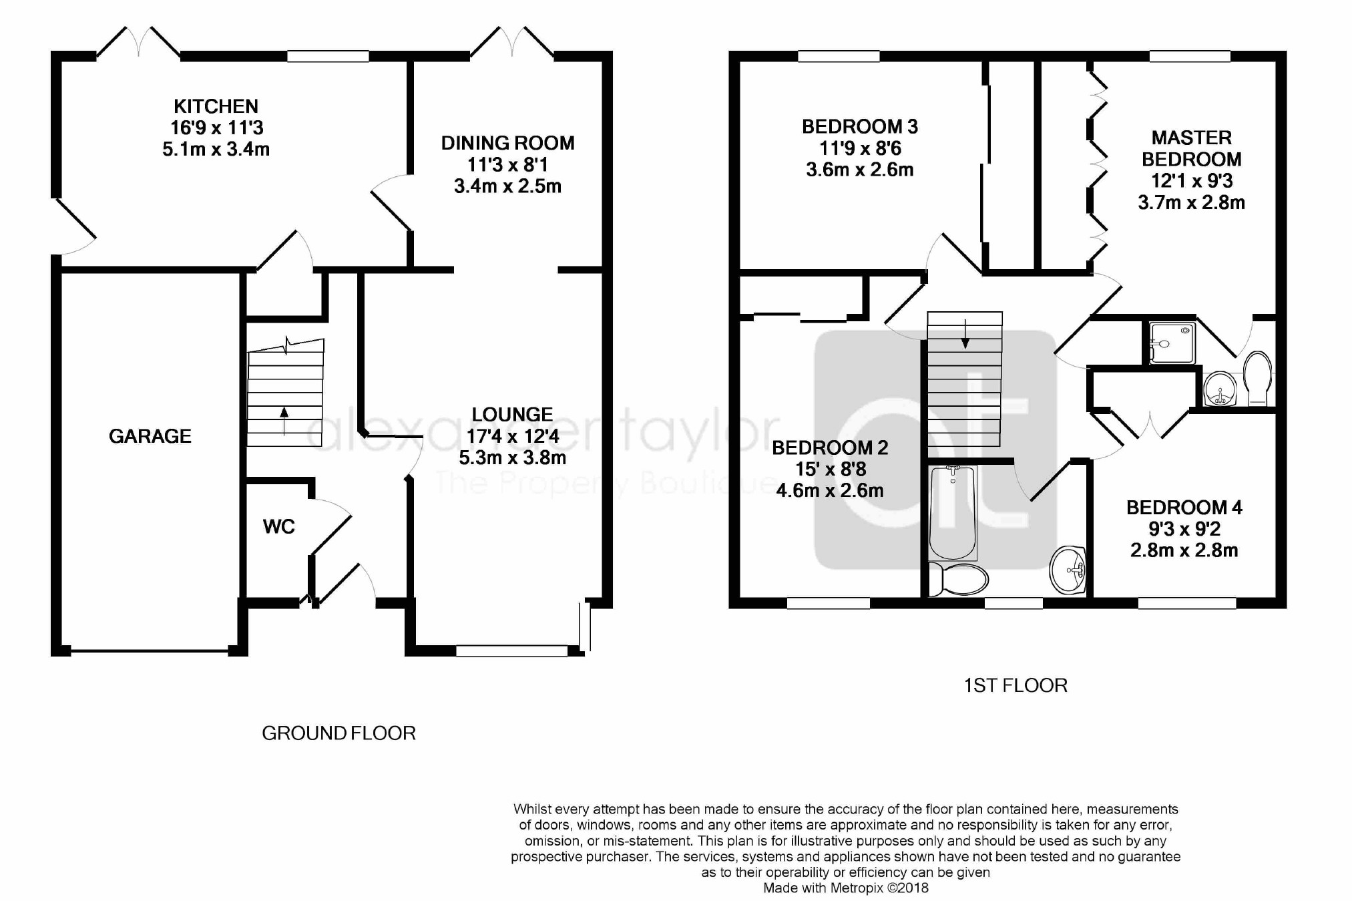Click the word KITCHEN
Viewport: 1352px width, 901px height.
pyautogui.click(x=216, y=106)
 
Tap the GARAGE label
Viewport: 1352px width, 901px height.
pyautogui.click(x=150, y=436)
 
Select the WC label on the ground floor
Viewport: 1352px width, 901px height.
pyautogui.click(x=279, y=526)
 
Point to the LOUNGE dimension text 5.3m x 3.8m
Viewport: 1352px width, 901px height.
pyautogui.click(x=513, y=458)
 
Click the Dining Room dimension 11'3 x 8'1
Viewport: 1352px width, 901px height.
pyautogui.click(x=507, y=164)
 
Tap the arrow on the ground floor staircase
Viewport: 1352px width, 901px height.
pyautogui.click(x=284, y=420)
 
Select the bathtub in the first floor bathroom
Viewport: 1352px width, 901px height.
pyautogui.click(x=953, y=512)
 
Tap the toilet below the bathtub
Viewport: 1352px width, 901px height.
pyautogui.click(x=959, y=579)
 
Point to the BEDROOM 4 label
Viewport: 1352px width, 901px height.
pyautogui.click(x=1184, y=508)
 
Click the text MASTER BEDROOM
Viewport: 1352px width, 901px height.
pyautogui.click(x=1192, y=148)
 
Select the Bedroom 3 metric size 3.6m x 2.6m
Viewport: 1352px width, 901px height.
pyautogui.click(x=860, y=170)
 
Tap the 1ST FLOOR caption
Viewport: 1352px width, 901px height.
pyautogui.click(x=1016, y=685)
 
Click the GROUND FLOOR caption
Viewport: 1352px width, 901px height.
pyautogui.click(x=339, y=733)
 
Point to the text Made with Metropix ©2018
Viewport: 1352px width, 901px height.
pyautogui.click(x=846, y=888)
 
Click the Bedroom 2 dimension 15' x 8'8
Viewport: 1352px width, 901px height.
pyautogui.click(x=831, y=469)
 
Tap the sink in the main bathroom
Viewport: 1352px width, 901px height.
pyautogui.click(x=1068, y=570)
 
